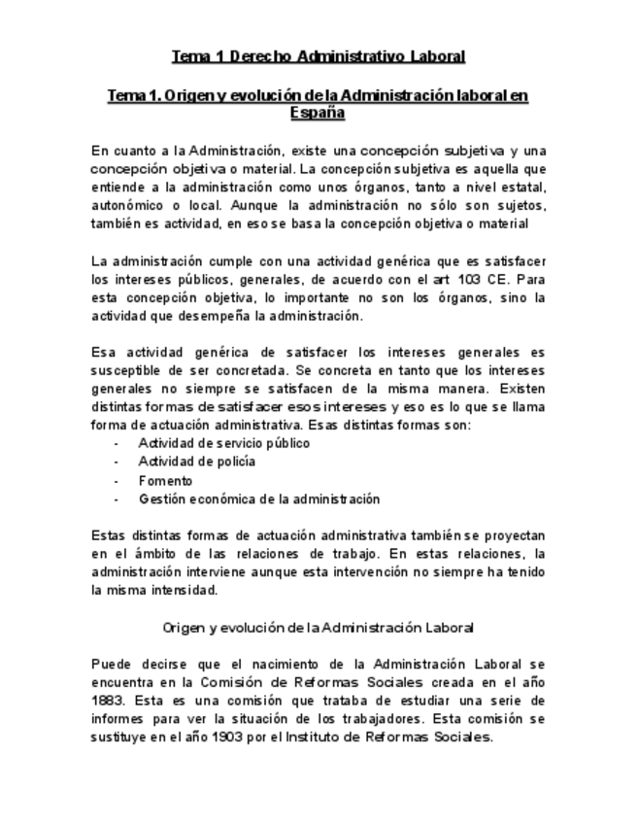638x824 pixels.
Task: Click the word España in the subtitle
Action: pyautogui.click(x=319, y=113)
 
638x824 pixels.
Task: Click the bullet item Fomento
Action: pyautogui.click(x=165, y=480)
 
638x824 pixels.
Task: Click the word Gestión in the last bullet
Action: pyautogui.click(x=161, y=498)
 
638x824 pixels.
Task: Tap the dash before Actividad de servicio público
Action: pyautogui.click(x=117, y=443)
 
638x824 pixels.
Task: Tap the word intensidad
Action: pyautogui.click(x=185, y=590)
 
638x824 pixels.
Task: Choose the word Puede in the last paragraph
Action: pyautogui.click(x=113, y=663)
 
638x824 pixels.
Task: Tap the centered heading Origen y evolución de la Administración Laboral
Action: pyautogui.click(x=319, y=627)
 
